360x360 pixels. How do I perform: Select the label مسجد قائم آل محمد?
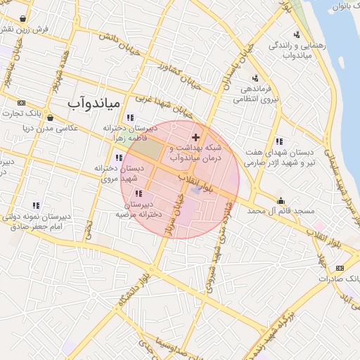[x=283, y=211]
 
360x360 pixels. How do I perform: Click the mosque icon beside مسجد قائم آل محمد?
[x=281, y=200]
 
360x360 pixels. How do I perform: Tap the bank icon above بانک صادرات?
[x=340, y=268]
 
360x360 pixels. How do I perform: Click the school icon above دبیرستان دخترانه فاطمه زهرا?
[x=129, y=117]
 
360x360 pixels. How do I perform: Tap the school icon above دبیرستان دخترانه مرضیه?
[x=139, y=193]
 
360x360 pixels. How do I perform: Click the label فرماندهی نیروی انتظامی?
[x=259, y=94]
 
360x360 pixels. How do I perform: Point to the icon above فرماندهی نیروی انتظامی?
[x=255, y=78]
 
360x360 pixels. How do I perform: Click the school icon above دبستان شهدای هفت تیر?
[x=279, y=141]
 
